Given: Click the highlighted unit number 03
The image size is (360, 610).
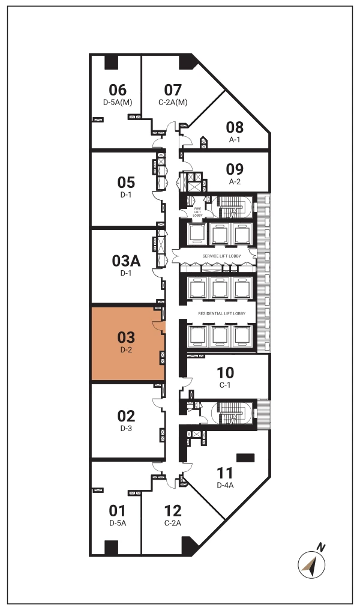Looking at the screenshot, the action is (x=126, y=337).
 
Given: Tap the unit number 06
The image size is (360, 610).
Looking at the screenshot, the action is (x=118, y=90).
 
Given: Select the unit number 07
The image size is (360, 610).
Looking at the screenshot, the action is (x=173, y=90).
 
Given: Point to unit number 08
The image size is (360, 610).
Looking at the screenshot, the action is (x=235, y=127).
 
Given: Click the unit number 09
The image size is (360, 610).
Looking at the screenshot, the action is (x=235, y=169).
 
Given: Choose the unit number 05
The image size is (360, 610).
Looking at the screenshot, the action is (x=126, y=182).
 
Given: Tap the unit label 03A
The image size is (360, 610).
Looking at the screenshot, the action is (x=126, y=261).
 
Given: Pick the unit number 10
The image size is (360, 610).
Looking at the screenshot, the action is (x=225, y=373).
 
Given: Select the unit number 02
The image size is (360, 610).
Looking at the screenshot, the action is (x=126, y=416).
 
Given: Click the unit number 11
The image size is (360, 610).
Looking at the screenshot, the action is (x=225, y=473).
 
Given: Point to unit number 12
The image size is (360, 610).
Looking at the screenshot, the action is (x=173, y=510).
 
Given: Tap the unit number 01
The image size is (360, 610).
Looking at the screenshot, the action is (x=117, y=510).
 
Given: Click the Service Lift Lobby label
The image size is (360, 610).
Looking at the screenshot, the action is (x=221, y=256).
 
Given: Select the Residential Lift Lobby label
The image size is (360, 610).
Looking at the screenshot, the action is (x=221, y=313).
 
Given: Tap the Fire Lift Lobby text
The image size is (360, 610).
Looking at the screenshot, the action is (x=197, y=212).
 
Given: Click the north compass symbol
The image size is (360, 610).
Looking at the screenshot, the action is (x=312, y=564).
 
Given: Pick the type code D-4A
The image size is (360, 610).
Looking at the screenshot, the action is (x=225, y=485).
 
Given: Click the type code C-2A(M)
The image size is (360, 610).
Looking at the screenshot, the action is (x=173, y=102).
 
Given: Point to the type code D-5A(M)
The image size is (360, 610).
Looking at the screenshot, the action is (x=118, y=102).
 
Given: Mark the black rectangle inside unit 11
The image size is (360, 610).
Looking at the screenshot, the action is (x=245, y=458).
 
